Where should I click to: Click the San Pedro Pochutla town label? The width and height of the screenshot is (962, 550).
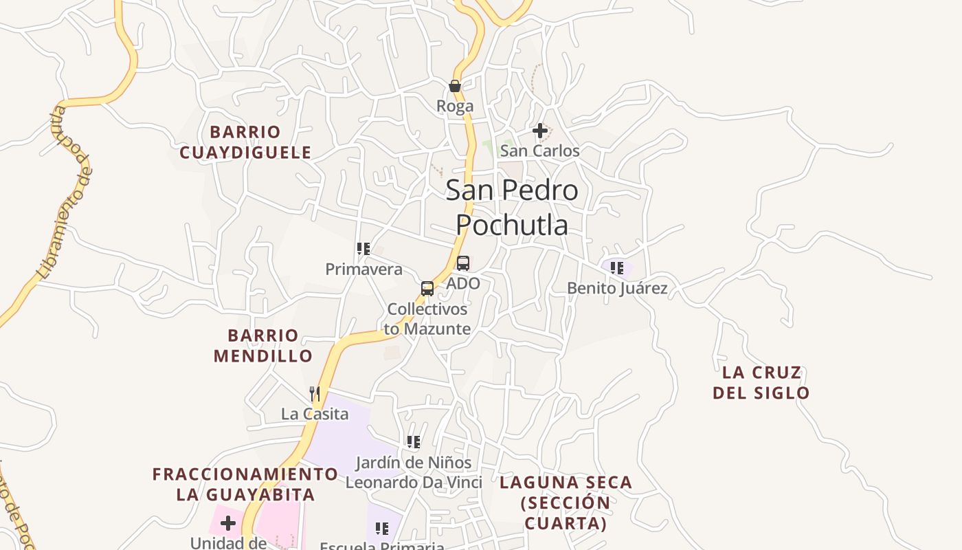[512, 207]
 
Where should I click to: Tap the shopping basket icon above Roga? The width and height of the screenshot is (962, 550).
[454, 86]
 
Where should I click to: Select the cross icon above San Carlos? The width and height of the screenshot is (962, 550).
[540, 130]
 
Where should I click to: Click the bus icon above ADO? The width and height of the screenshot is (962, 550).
[463, 263]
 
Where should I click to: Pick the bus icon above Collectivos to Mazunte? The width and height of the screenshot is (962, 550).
[427, 288]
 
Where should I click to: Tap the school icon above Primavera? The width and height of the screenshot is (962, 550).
[363, 248]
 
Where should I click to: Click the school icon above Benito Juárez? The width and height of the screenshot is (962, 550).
[617, 267]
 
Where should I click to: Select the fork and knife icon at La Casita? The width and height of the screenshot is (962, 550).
[315, 393]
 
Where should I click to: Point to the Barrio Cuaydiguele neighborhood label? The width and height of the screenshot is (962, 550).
[245, 142]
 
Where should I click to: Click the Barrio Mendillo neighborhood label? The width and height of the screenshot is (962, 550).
[263, 346]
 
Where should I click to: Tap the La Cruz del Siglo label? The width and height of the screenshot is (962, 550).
[761, 383]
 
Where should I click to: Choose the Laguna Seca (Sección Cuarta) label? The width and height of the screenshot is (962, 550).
[566, 503]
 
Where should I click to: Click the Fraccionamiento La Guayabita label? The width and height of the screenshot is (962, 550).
[245, 484]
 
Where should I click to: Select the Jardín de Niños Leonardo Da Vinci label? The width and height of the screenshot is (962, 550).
[414, 472]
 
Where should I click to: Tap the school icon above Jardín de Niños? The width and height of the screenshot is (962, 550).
[413, 441]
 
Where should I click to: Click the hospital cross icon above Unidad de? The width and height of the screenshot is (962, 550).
[228, 523]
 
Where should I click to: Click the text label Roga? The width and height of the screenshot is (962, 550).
[455, 106]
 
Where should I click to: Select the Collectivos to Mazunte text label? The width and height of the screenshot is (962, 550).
[427, 319]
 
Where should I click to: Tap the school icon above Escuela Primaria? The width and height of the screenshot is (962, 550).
[382, 528]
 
